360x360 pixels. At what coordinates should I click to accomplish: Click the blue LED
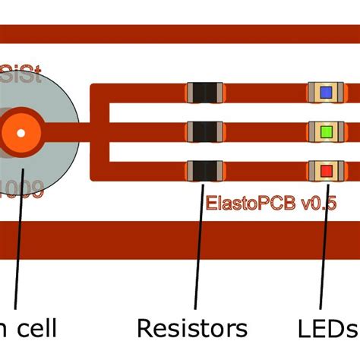pos(326,93)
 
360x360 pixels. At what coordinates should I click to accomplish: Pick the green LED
pos(326,131)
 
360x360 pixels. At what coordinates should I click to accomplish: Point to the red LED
pos(326,170)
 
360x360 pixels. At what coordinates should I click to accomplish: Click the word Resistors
pos(191,328)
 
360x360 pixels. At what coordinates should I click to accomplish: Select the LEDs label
pos(327,328)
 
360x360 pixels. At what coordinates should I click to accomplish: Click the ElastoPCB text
pos(251,203)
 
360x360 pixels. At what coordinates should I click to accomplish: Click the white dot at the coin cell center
pos(21,133)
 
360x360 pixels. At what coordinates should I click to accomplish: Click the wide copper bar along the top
pos(180,34)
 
